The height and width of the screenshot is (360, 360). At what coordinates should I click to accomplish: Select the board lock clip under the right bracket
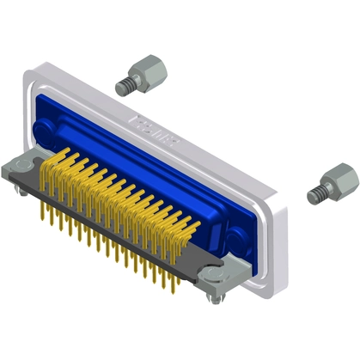(x=211, y=296)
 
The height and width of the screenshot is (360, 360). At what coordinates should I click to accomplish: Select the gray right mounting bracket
(x=220, y=273)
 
